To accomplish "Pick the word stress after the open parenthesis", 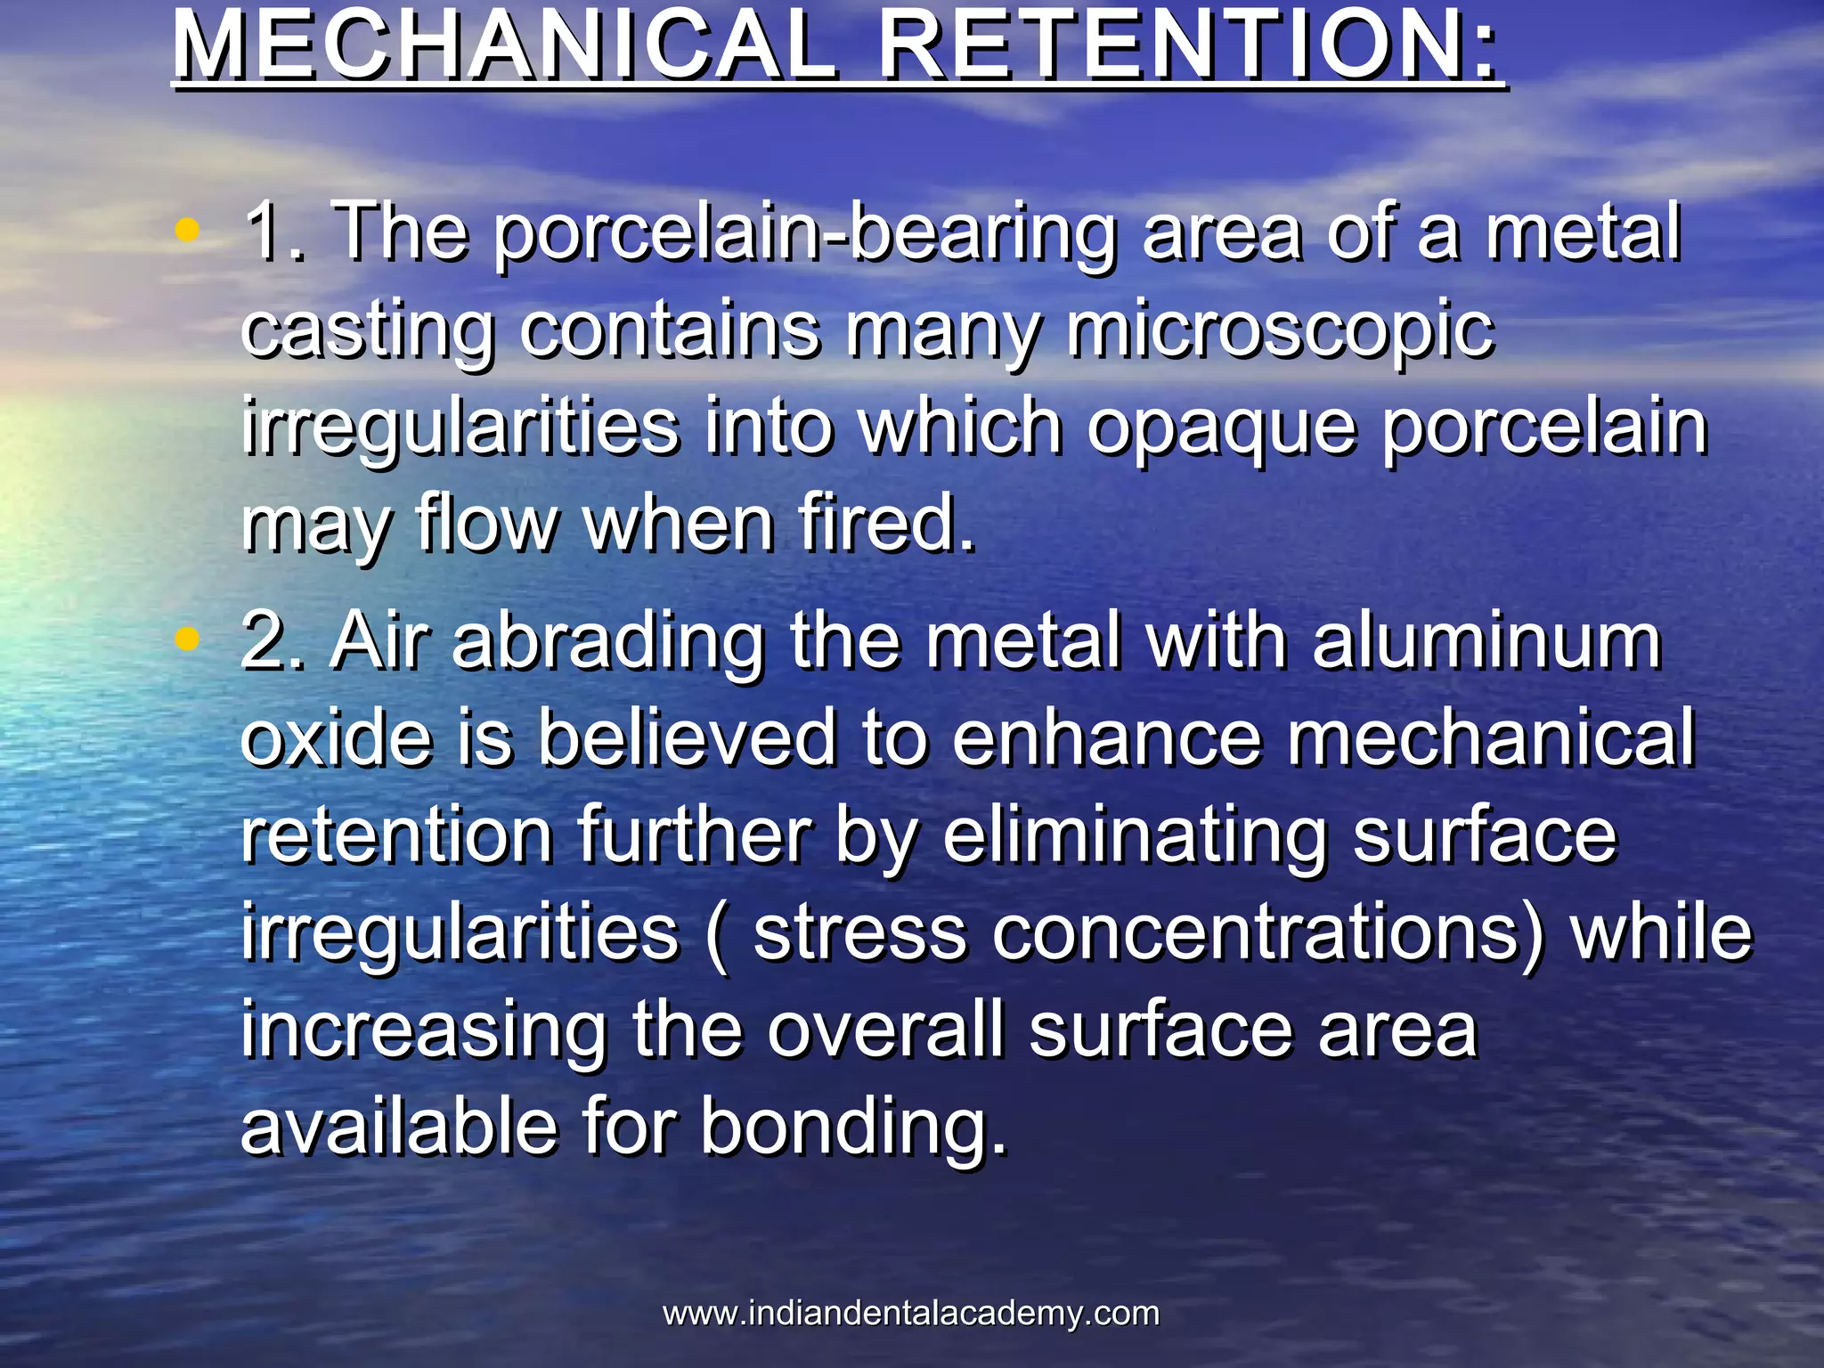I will [860, 934].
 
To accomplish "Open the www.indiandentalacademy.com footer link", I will [911, 1313].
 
